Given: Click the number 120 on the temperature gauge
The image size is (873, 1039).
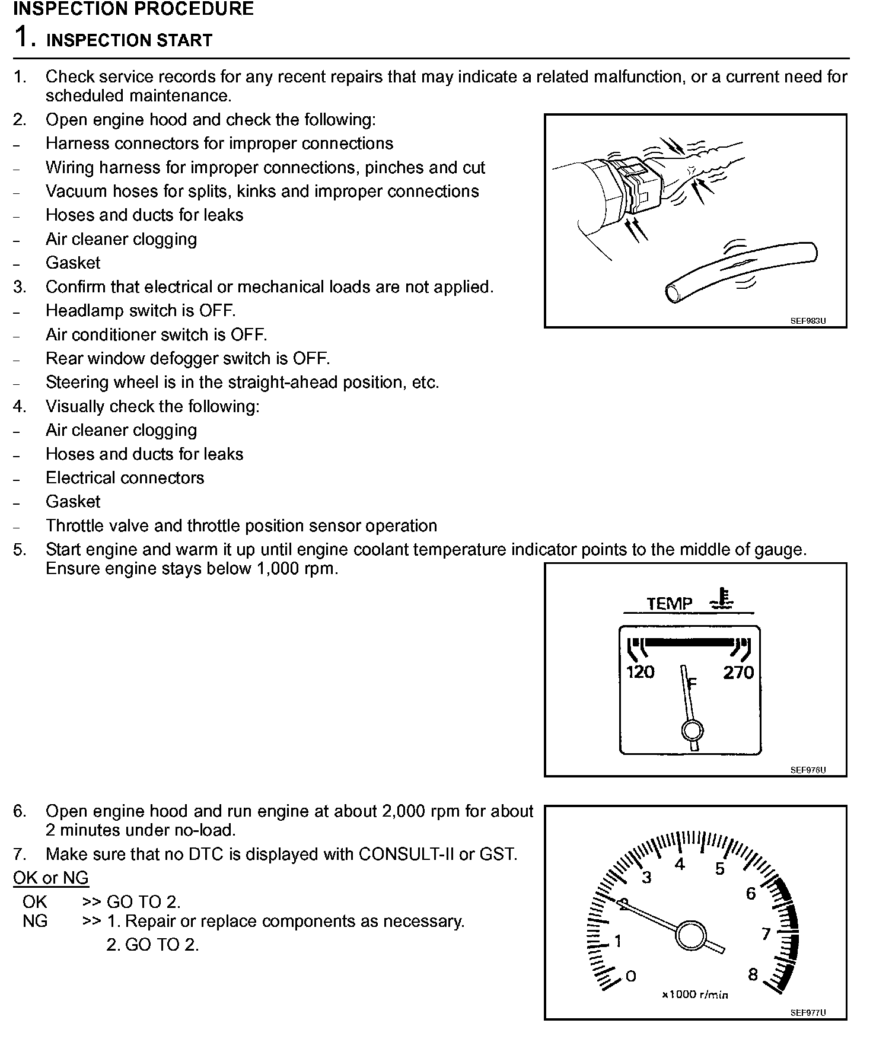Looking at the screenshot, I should [640, 672].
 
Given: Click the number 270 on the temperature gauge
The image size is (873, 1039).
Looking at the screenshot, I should [738, 672].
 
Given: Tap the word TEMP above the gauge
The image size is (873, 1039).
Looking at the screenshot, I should [669, 604].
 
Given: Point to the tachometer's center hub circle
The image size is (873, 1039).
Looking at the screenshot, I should [690, 936].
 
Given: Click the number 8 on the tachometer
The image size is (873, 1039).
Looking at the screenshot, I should [753, 975].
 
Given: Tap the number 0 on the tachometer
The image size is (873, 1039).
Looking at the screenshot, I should [631, 976].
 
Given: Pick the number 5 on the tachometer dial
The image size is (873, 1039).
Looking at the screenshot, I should [720, 869].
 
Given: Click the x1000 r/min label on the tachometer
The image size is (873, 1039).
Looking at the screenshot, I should [695, 995].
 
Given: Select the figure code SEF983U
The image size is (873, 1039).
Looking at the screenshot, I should [808, 321].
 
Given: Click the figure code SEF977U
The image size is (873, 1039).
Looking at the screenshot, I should [808, 1013].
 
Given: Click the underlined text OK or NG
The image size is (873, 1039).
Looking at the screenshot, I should [51, 878].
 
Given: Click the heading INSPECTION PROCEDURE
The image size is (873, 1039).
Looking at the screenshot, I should [133, 9].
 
